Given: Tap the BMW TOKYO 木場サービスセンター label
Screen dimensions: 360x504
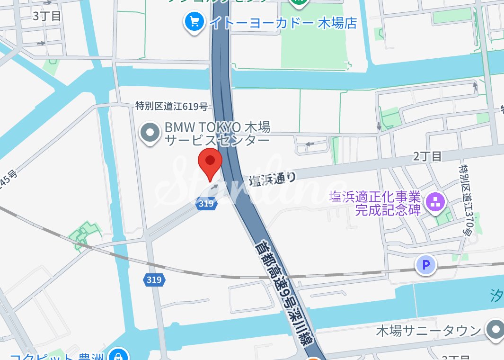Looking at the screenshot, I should tap(217, 134).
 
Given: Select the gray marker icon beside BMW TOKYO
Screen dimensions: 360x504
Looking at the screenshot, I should tap(150, 134).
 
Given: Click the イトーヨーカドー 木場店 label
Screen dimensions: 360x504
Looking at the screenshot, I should tap(283, 22).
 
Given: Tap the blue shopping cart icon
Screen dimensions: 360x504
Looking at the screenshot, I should tap(194, 21).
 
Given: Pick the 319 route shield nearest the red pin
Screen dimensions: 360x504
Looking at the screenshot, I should tap(206, 204).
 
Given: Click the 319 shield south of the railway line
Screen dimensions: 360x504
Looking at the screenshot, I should tap(154, 280).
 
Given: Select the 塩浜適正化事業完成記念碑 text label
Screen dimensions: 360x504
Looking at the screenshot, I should tap(375, 203).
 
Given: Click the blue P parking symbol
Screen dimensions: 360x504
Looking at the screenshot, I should tap(425, 265).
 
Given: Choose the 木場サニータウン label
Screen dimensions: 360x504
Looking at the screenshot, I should tap(428, 331).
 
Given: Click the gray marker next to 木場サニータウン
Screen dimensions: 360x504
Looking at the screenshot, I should tap(495, 329).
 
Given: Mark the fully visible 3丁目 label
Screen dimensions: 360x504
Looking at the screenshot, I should tap(47, 16).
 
